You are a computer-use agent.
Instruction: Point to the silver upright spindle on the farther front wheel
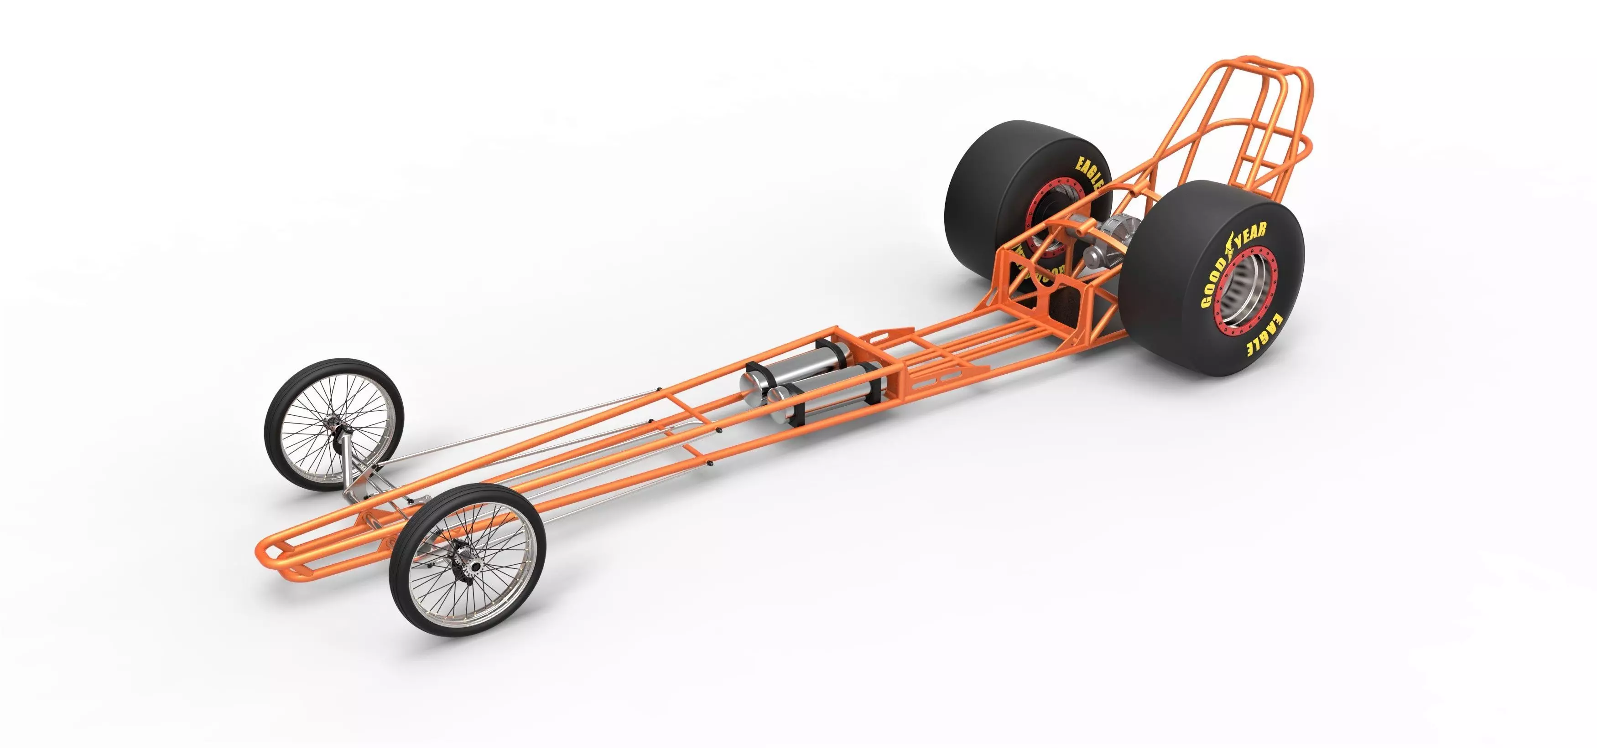352,465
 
